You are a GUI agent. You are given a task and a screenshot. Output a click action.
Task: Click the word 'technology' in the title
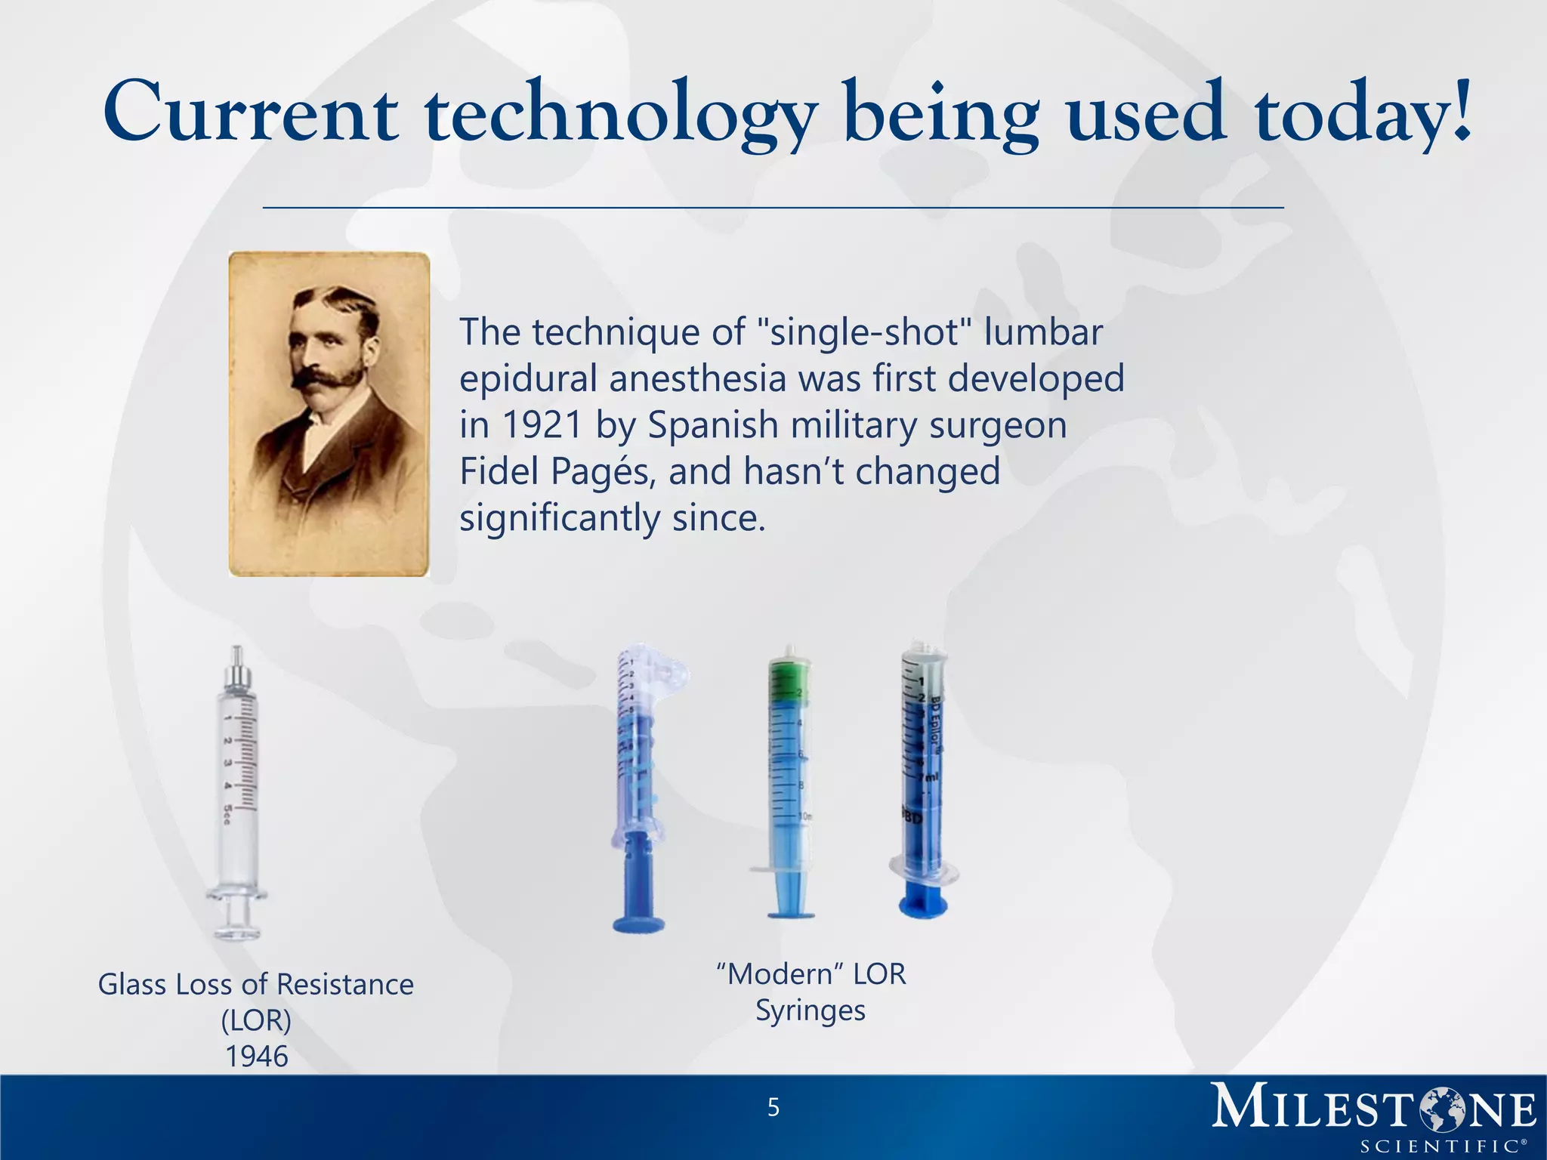(x=619, y=115)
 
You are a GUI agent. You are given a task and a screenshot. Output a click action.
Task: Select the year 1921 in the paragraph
(x=542, y=425)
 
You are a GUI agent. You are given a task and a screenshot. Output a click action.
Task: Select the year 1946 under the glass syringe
(x=257, y=1057)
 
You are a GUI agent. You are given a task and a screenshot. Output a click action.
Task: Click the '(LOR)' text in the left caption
(x=256, y=1020)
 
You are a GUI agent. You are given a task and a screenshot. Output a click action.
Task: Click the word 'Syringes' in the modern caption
(x=810, y=1010)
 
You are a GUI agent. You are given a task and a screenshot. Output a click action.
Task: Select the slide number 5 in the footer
(x=773, y=1108)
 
